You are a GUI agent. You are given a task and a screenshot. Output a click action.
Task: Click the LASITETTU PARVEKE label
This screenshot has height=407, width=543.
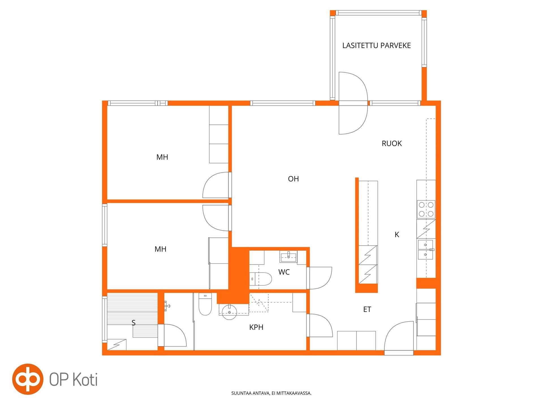point(376,46)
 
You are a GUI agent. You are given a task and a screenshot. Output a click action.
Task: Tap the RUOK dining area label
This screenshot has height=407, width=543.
point(392,144)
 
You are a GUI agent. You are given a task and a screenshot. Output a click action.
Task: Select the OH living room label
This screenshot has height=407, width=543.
point(293,179)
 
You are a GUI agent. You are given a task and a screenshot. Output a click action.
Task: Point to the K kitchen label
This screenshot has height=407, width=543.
point(397,234)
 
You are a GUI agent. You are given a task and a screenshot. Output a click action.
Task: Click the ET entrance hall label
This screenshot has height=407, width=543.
point(367,309)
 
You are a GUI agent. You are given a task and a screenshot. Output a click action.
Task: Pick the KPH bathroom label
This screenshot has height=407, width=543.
point(256,327)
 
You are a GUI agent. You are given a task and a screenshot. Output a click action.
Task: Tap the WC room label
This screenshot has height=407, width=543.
point(284,272)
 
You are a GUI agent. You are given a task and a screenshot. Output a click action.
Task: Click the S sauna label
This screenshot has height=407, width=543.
point(133,322)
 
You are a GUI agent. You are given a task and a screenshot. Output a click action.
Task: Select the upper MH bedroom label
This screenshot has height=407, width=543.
point(162,157)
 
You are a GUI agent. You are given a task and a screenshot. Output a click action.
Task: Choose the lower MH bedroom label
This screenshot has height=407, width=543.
point(160,249)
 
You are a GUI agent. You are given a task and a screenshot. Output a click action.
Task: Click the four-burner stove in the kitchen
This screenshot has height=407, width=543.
point(426,209)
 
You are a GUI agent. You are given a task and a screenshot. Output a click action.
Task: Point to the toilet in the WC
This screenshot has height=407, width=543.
point(260,279)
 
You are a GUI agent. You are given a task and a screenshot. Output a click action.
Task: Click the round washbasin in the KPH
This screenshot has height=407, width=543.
point(229,312)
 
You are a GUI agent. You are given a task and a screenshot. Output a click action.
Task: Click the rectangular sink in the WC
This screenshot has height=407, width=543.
point(288,256)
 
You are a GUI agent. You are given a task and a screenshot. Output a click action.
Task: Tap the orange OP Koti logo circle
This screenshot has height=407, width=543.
point(28,379)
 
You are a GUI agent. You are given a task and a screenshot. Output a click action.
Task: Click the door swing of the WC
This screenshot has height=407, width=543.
point(321,278)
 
